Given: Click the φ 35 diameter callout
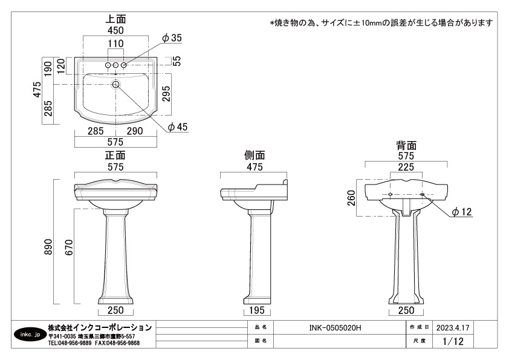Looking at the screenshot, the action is [172, 38].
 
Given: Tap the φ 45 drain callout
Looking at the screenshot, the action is [178, 126].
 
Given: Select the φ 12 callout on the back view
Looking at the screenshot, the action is [462, 212].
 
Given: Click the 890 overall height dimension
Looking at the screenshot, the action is [48, 247].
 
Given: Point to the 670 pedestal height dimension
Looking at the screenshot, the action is [69, 247].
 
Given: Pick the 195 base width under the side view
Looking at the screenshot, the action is [257, 310].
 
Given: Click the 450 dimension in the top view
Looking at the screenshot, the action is [115, 30].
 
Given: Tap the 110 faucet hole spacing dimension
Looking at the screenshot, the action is [115, 44].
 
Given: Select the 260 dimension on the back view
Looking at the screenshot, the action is [351, 198].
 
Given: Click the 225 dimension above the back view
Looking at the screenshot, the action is [406, 167].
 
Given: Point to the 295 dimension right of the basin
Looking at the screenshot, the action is [166, 94].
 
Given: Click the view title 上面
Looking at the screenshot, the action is [115, 19].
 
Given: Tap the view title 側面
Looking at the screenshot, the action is [254, 155].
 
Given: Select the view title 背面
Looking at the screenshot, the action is [406, 145].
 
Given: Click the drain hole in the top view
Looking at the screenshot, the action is [116, 85].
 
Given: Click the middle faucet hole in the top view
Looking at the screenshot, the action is [115, 65].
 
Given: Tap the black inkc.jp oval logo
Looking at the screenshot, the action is [30, 335].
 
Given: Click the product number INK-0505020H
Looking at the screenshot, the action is [335, 327].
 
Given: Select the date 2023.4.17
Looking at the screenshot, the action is [453, 327].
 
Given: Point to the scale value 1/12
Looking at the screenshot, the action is [453, 341].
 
